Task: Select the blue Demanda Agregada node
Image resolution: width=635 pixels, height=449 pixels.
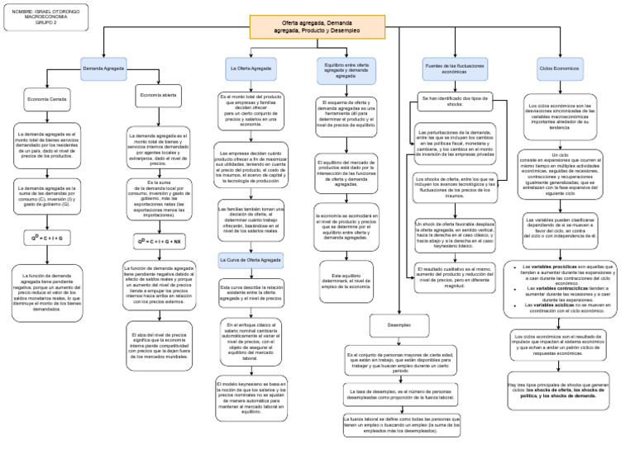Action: point(103,68)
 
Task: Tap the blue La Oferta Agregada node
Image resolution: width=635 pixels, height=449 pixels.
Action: point(249,68)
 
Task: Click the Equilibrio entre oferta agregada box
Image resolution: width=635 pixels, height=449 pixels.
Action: point(346,70)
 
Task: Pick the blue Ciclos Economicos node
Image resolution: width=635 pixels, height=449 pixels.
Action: point(560,68)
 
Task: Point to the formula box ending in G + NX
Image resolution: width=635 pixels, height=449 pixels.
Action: point(158,242)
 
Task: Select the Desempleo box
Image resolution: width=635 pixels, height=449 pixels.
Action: point(399,324)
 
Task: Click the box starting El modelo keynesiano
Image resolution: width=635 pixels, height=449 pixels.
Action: point(248,399)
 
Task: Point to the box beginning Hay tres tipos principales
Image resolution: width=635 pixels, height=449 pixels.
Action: point(560,390)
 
